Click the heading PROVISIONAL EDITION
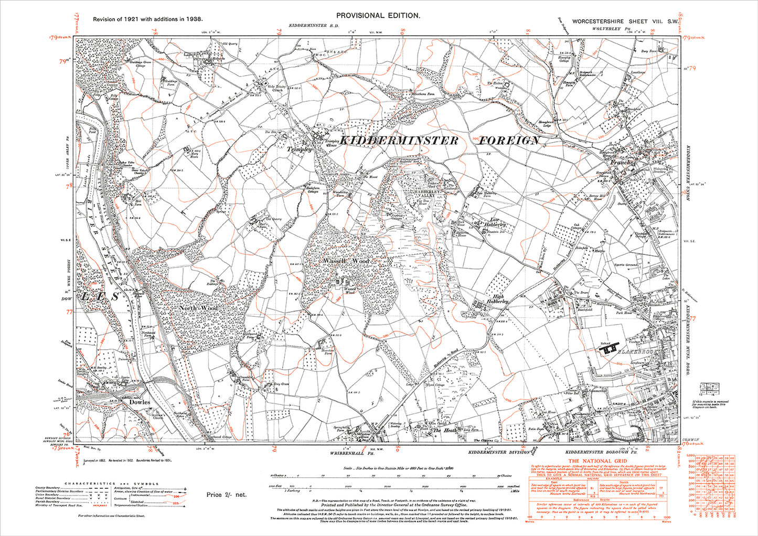point(378,16)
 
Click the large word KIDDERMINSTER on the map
point(399,141)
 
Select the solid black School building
point(609,348)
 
